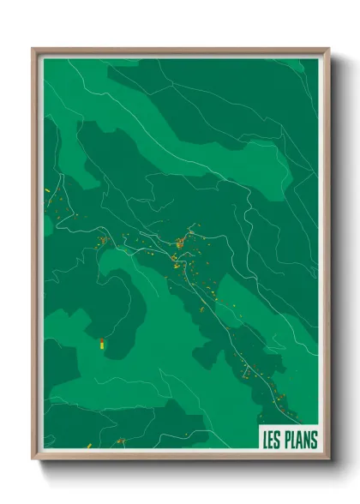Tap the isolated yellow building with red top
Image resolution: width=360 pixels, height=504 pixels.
click(x=100, y=344)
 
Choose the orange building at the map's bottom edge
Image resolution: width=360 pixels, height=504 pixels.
click(x=120, y=441)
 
